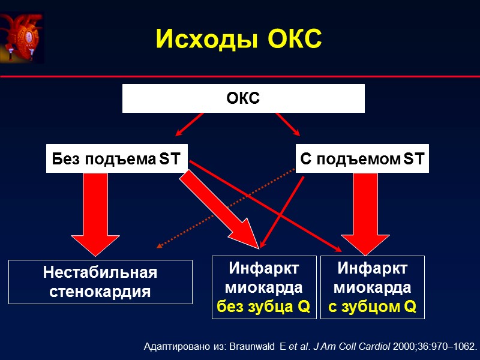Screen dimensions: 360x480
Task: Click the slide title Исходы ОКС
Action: [x=239, y=40]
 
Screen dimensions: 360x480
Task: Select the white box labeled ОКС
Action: [x=243, y=98]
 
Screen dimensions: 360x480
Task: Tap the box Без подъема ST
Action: [x=117, y=160]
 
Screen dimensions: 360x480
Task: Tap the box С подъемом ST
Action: [x=362, y=160]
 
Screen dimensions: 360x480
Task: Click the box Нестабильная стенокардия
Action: [x=100, y=282]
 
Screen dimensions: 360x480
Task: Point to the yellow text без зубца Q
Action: [x=263, y=308]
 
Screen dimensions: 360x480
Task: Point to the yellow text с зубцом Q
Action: [x=372, y=308]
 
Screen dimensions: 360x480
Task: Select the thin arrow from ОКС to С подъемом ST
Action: [x=287, y=125]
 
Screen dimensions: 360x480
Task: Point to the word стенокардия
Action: [x=100, y=292]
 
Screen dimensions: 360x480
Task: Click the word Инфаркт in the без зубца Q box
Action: [x=263, y=268]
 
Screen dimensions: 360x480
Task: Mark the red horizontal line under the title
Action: [x=240, y=77]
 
